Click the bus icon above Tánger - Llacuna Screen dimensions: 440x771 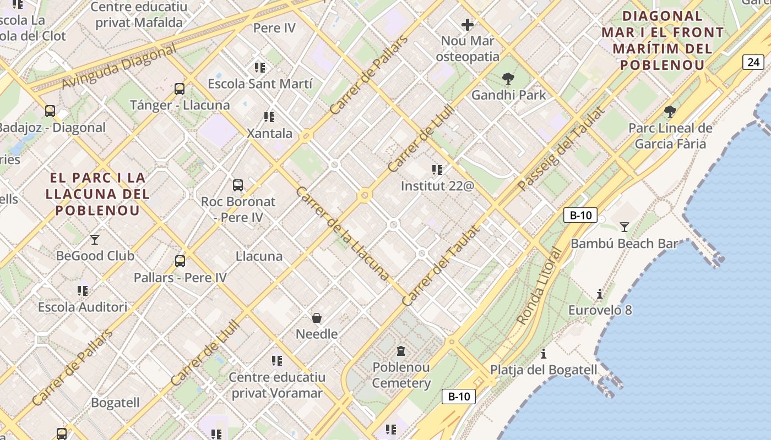(x=179, y=89)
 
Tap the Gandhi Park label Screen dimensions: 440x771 (x=508, y=95)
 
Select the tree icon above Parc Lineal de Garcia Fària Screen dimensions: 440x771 (x=670, y=112)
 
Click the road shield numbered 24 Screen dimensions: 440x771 (x=753, y=62)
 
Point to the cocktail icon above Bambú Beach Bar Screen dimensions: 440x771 (x=624, y=227)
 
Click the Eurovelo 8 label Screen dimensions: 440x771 (x=600, y=310)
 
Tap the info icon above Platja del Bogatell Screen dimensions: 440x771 (x=544, y=353)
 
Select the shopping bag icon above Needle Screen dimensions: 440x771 (x=317, y=318)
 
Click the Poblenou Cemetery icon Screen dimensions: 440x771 (x=401, y=350)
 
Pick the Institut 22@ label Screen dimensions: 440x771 (x=437, y=186)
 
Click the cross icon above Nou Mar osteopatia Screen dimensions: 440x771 (x=468, y=25)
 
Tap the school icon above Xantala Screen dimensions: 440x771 (x=269, y=117)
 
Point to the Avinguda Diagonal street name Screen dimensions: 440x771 (x=118, y=67)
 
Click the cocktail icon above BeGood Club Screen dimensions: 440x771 (x=95, y=239)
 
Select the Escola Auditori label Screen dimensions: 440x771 (x=83, y=307)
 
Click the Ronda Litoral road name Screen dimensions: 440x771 (x=539, y=286)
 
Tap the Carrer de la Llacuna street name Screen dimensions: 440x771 (x=343, y=233)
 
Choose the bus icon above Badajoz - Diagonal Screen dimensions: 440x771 (x=50, y=111)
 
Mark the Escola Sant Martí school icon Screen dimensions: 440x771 (x=260, y=68)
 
